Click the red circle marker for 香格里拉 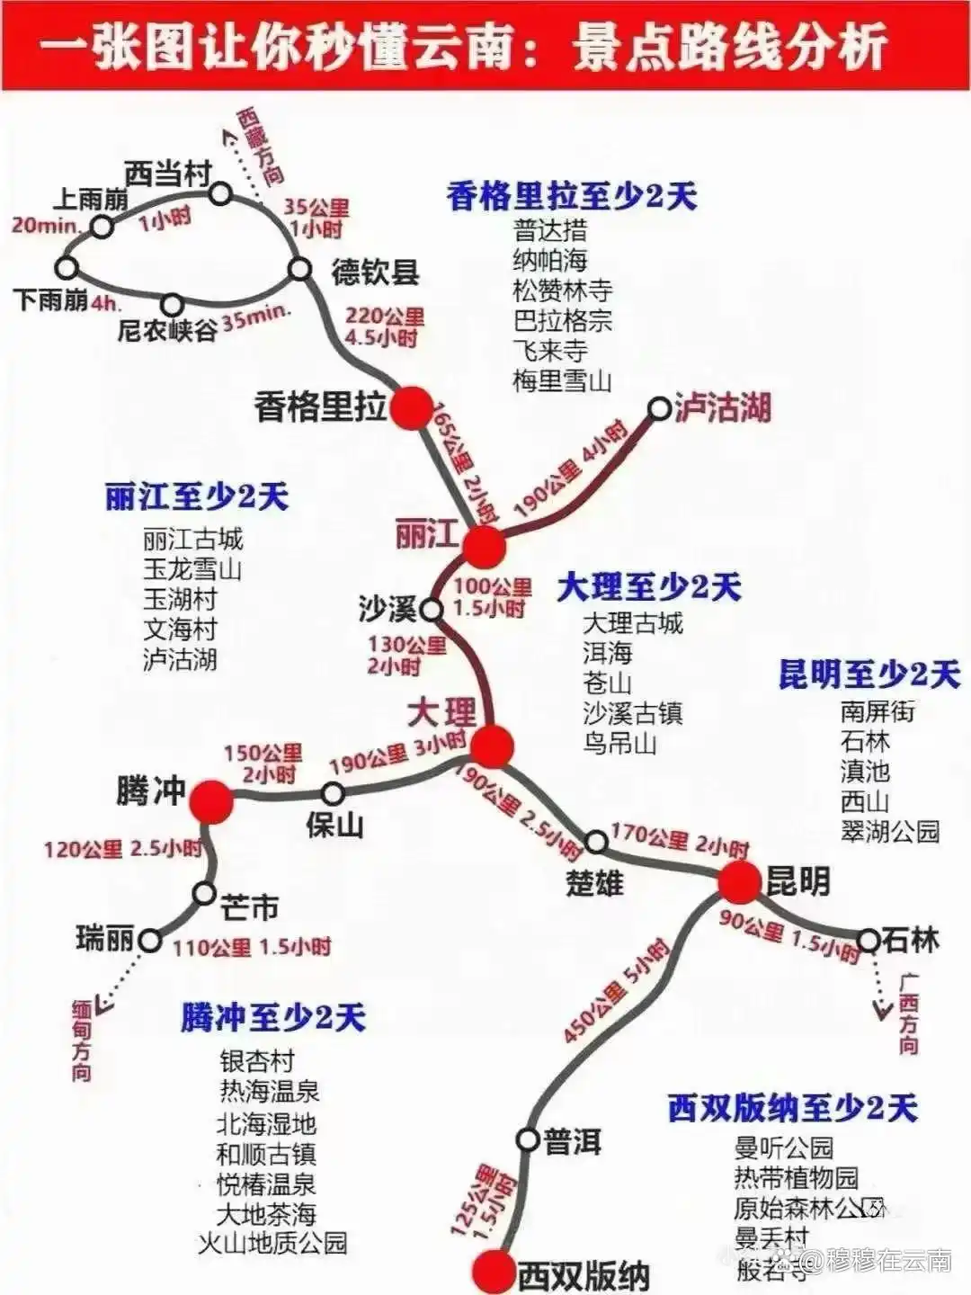coord(414,407)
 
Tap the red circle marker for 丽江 coord(485,545)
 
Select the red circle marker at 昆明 coord(740,882)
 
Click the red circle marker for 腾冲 coord(213,801)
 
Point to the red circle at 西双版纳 coord(492,1271)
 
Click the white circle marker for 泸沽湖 coord(660,409)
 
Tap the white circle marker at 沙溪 coord(432,611)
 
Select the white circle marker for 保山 coord(334,793)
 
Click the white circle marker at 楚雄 coord(596,843)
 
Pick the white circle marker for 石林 coord(868,941)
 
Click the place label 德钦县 coord(375,272)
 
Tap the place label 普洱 coord(572,1142)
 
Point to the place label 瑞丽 coord(105,940)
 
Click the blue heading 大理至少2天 coord(648,587)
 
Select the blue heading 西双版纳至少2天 coord(792,1108)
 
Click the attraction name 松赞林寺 coord(563,290)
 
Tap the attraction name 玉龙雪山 coord(192,569)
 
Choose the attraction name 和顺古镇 coord(266,1154)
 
